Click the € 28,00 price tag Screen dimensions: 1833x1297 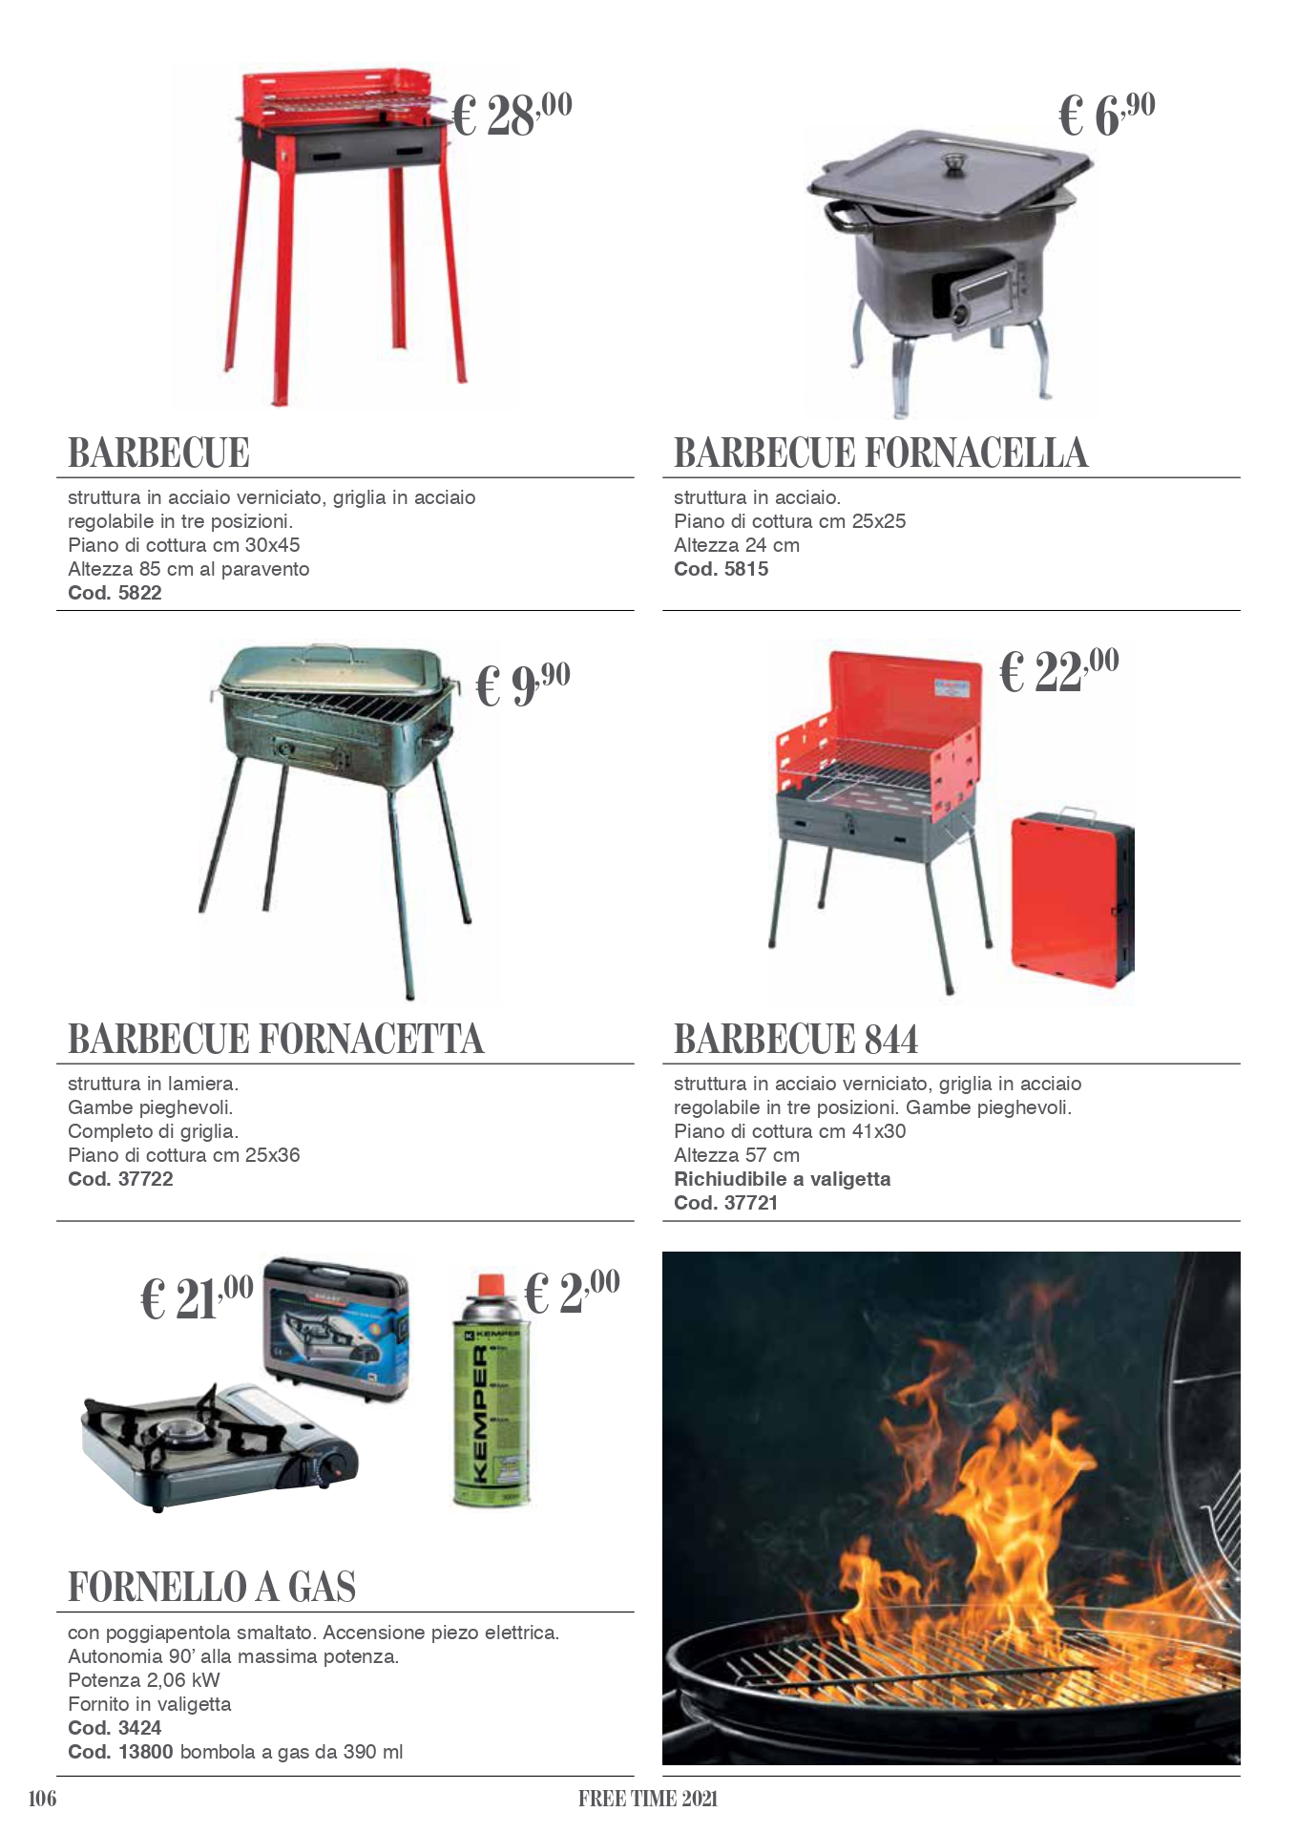[x=511, y=116]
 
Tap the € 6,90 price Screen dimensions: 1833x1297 [x=1106, y=116]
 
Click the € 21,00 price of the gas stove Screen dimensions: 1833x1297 [x=197, y=1297]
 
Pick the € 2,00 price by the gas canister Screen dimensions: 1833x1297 [x=572, y=1292]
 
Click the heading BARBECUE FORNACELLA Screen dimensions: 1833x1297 [x=880, y=453]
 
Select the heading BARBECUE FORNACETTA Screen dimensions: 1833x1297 [x=276, y=1040]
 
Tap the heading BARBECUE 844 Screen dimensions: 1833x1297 [x=796, y=1040]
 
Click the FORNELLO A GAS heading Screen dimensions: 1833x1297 [x=212, y=1588]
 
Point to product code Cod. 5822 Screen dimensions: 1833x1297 [x=115, y=593]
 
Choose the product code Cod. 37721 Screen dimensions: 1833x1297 [x=725, y=1203]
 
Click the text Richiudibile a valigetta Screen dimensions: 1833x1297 [x=782, y=1179]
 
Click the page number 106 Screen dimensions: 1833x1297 [x=43, y=1799]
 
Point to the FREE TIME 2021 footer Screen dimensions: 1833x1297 [x=647, y=1799]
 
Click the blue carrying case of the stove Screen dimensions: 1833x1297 [x=336, y=1327]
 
